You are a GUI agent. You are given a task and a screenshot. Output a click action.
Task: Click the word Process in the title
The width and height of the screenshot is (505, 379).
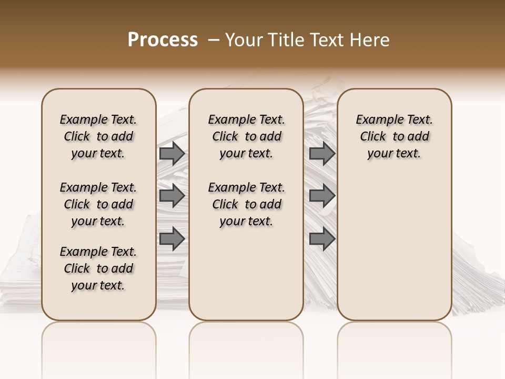[x=163, y=40]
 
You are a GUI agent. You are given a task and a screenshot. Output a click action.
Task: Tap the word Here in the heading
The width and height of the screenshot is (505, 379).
[x=370, y=40]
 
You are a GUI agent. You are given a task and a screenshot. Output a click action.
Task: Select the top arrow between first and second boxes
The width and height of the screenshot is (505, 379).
[x=172, y=154]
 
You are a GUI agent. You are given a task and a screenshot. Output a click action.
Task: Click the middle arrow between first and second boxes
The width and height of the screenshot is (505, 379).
[x=172, y=196]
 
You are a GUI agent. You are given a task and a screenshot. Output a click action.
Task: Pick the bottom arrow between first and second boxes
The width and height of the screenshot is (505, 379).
[x=172, y=240]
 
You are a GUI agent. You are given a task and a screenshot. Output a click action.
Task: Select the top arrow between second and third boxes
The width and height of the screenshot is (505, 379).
[x=322, y=154]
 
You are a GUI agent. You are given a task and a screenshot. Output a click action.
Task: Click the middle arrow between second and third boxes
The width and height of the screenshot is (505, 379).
[x=322, y=196]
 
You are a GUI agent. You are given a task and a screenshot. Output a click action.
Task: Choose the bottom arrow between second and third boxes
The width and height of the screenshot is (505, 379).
[x=322, y=240]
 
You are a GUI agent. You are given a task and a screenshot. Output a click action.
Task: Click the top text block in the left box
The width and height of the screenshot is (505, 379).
[x=98, y=136]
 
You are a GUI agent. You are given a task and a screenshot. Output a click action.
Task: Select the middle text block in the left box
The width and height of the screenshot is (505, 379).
[x=98, y=204]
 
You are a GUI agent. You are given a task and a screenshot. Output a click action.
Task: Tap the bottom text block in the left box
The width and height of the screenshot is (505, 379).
[x=98, y=268]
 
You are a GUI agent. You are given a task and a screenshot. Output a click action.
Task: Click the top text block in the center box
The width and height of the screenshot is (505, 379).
[x=247, y=136]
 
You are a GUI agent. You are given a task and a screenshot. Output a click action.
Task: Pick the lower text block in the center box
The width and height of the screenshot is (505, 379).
[x=247, y=204]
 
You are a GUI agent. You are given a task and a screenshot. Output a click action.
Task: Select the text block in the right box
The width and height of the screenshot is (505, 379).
[x=394, y=136]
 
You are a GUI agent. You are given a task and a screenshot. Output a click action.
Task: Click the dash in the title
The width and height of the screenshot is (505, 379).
[x=214, y=40]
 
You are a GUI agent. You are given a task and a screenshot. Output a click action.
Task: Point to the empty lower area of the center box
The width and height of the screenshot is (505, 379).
[x=246, y=274]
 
